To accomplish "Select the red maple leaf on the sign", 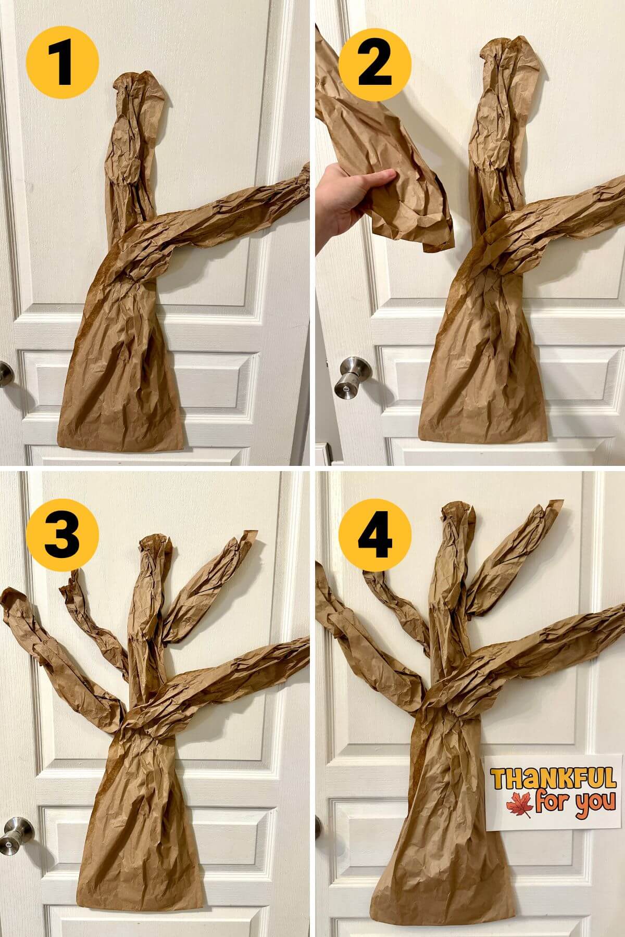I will [x=519, y=806].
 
